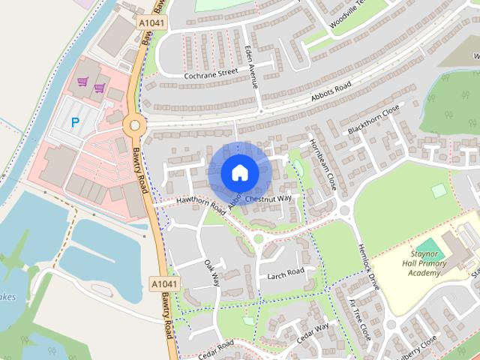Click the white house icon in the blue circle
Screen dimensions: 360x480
(x=239, y=172)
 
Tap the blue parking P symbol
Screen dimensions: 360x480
(x=74, y=121)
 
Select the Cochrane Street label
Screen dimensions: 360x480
(x=211, y=73)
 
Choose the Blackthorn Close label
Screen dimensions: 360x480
(x=373, y=121)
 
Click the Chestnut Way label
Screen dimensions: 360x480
(x=272, y=199)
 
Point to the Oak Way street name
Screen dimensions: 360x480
(x=212, y=273)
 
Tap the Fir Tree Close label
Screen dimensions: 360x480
(x=360, y=319)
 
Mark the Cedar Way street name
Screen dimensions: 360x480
(x=313, y=331)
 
